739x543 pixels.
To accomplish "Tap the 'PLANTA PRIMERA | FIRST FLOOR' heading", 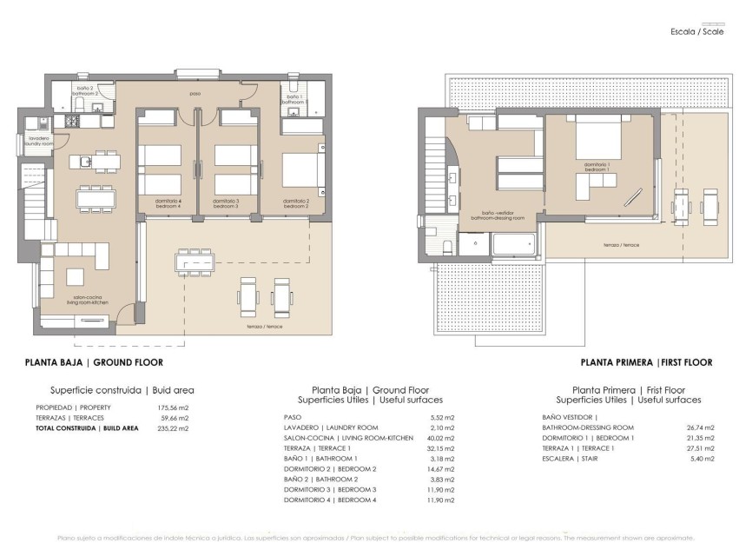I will click(x=646, y=361).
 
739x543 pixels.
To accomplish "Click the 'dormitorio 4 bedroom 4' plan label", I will click(x=167, y=202).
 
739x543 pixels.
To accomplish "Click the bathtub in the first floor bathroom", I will click(x=514, y=245).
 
